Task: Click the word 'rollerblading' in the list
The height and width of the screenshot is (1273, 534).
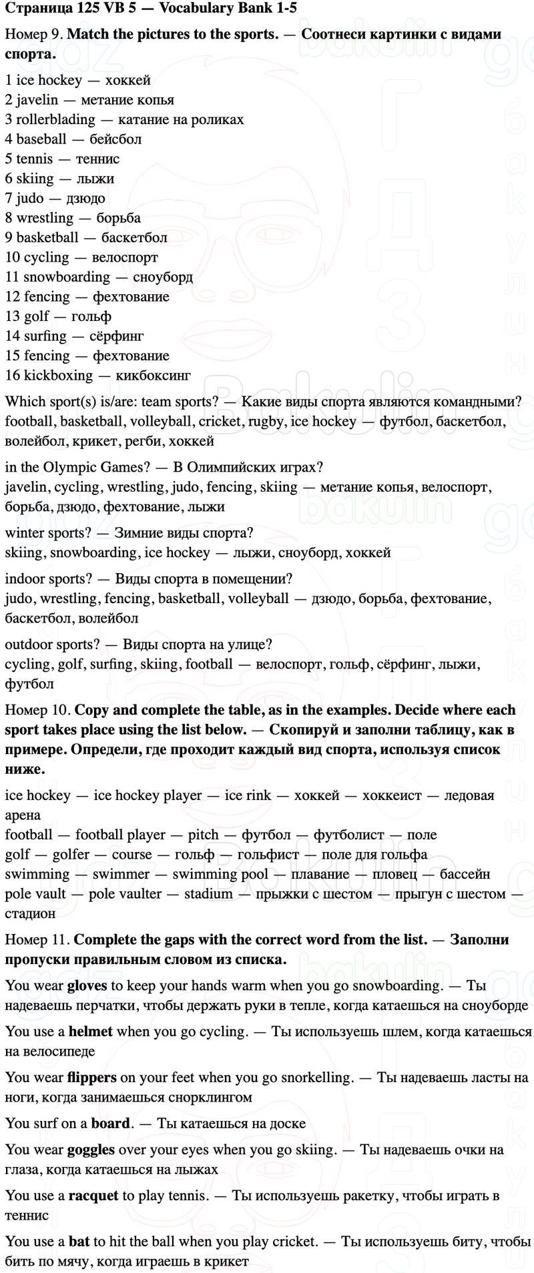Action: tap(55, 119)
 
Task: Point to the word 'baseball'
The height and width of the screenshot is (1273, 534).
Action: tap(41, 139)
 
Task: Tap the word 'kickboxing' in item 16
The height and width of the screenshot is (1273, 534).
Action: tap(58, 376)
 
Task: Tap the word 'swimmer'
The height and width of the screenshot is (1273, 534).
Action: tap(121, 874)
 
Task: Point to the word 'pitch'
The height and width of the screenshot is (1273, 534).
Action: tap(203, 835)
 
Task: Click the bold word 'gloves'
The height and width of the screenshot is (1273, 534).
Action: tap(87, 985)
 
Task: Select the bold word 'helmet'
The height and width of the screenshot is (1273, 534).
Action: tap(90, 1031)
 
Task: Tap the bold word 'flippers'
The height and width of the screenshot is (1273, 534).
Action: tap(91, 1078)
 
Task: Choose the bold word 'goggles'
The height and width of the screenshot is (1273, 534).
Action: tap(91, 1150)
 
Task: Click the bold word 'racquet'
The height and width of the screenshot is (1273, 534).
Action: tap(93, 1196)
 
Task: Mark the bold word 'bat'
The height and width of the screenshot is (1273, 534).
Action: tap(79, 1242)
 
